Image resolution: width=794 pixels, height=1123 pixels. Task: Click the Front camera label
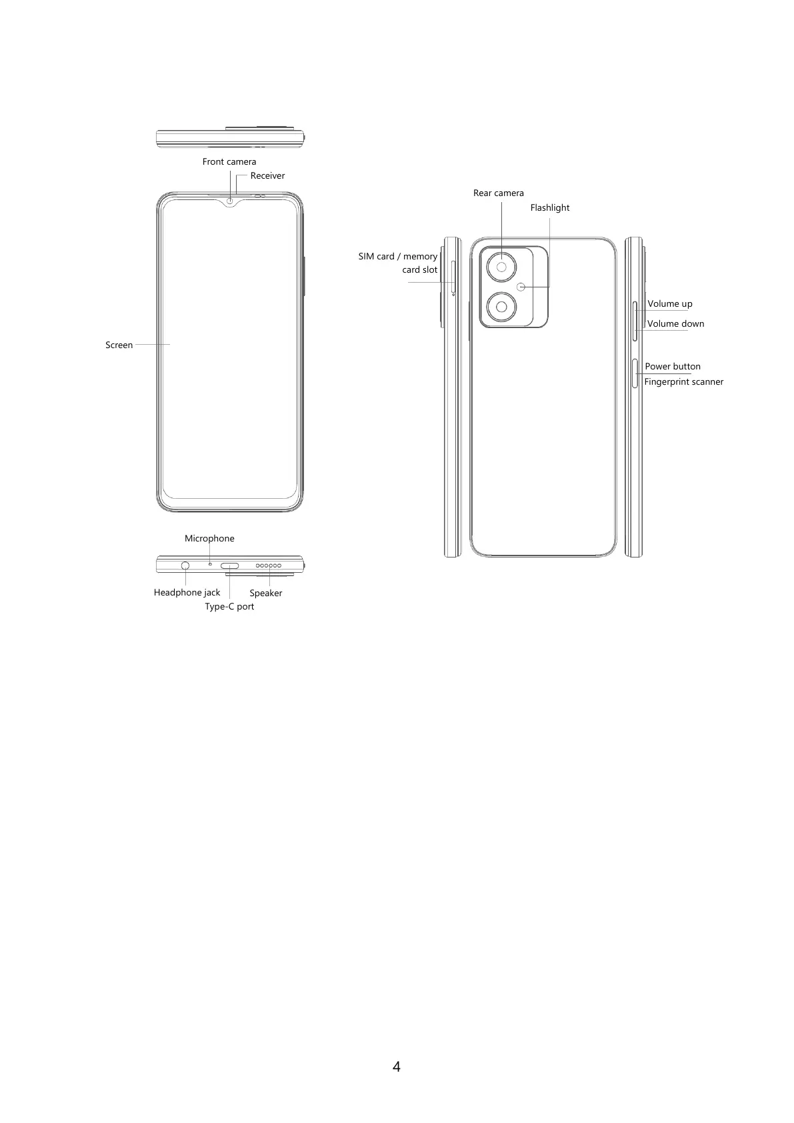coord(229,161)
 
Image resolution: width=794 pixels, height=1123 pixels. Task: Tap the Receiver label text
coord(267,176)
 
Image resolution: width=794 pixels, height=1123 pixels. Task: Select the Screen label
coord(119,345)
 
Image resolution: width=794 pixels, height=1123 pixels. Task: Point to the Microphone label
coord(209,538)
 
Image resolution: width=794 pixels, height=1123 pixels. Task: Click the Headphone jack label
coord(187,592)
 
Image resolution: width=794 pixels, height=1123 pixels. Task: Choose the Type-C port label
coord(229,606)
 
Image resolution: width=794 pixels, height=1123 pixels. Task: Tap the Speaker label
coord(265,593)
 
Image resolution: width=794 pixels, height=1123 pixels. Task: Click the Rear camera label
coord(498,193)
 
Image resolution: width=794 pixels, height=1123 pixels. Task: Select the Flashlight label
coord(549,207)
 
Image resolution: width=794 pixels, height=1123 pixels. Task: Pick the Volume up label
coord(669,303)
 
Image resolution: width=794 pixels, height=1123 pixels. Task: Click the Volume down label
coord(675,323)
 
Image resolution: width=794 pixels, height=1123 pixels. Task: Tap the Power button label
coord(672,366)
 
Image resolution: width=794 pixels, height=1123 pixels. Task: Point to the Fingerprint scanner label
coord(683,381)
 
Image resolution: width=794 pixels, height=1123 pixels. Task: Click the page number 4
coord(397,1066)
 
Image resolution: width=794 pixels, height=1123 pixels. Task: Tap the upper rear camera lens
coord(501,267)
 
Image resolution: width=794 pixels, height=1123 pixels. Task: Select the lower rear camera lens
coord(501,307)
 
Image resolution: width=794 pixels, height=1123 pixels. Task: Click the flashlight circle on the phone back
coord(521,287)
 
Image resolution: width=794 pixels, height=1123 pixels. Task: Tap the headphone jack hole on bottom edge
coord(185,566)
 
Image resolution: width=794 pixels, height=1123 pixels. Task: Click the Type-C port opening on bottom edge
coord(229,566)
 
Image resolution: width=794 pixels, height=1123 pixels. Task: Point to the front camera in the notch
coord(230,200)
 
